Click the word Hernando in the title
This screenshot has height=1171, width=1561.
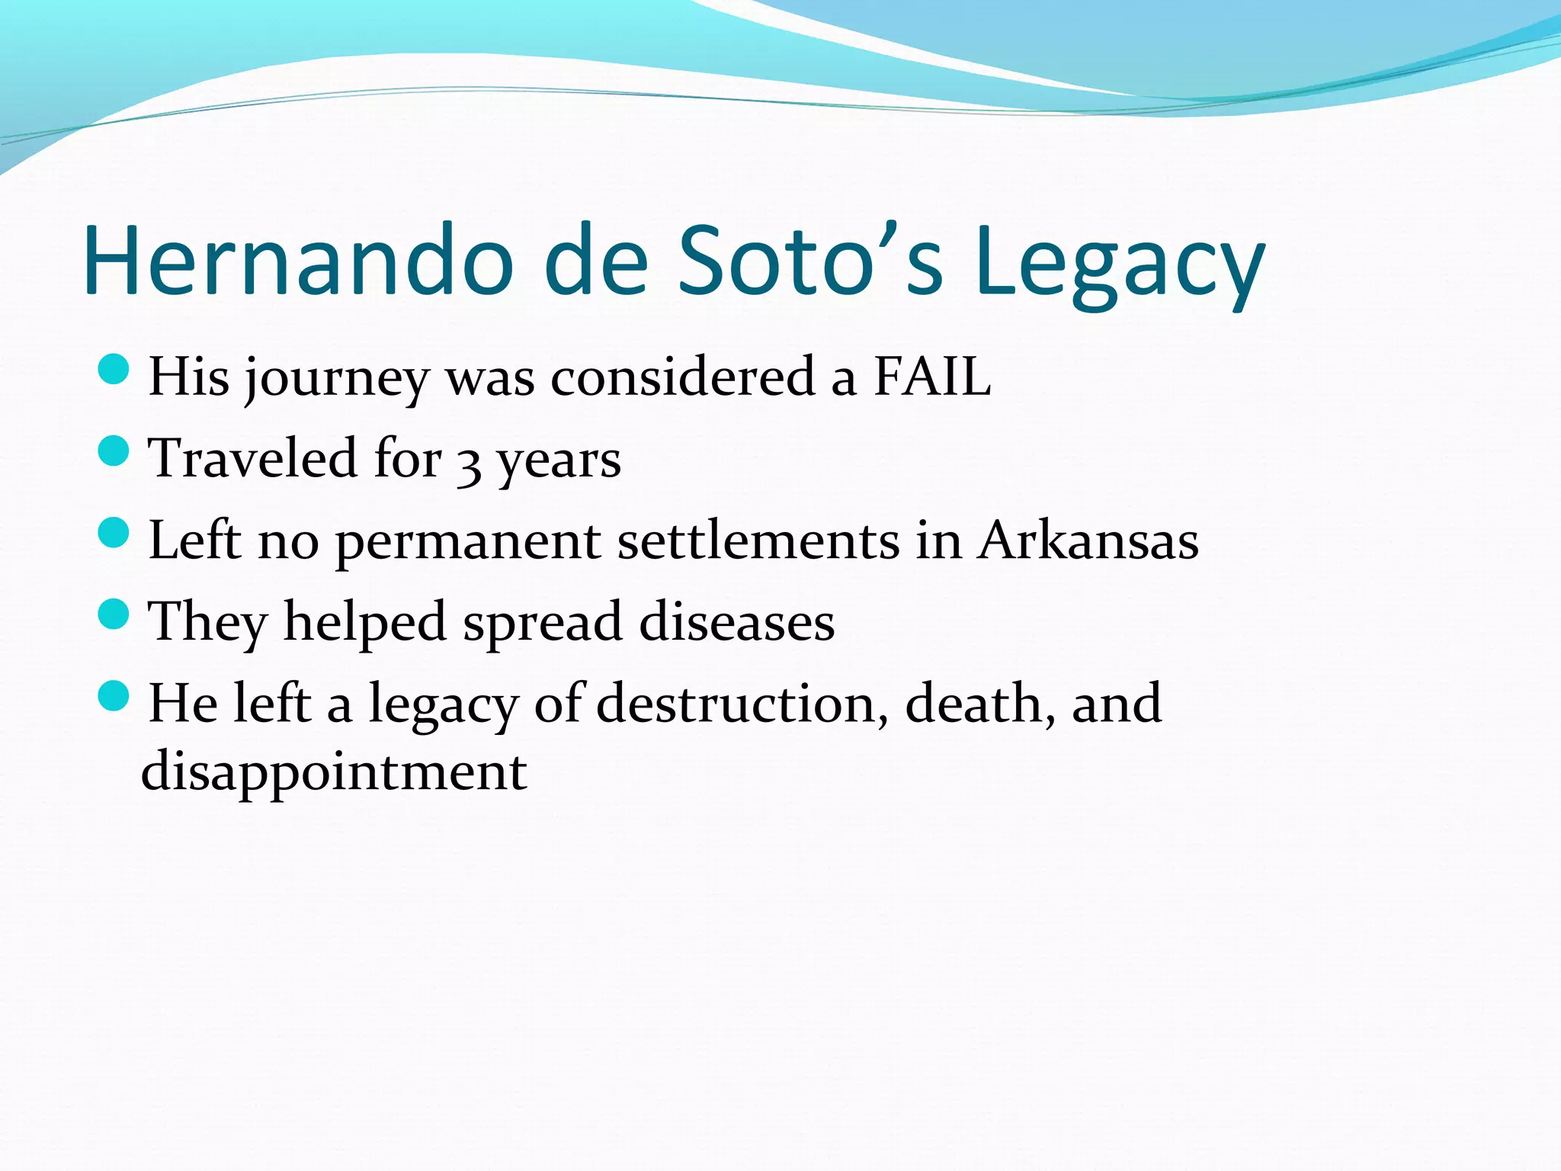pos(297,261)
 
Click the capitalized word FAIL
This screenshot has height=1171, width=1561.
pos(931,377)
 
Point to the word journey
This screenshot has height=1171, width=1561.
pos(336,380)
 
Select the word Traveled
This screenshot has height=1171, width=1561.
pos(252,459)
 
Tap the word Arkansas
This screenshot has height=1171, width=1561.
pos(1088,541)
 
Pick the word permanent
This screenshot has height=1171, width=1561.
pos(467,544)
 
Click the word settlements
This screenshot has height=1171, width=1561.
pos(758,541)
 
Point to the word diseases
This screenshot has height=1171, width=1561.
pos(737,622)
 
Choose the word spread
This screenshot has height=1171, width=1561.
pos(543,624)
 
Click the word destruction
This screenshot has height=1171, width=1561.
pos(742,703)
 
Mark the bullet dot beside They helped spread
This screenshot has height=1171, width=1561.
pos(114,614)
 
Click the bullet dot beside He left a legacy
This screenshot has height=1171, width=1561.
pos(114,695)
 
